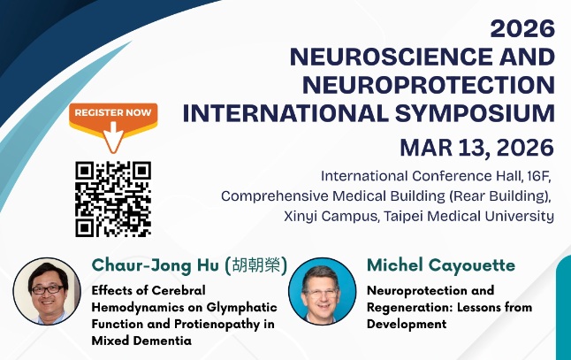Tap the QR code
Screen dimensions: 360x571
point(113,198)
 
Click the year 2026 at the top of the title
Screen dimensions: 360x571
point(523,28)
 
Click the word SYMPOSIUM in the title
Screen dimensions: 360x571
point(481,113)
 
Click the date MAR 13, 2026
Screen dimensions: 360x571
point(476,146)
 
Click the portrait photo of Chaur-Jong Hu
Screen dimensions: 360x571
point(47,292)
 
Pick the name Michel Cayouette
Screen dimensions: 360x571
point(440,265)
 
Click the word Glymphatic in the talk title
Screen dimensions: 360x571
point(240,307)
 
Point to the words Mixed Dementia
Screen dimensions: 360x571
point(141,341)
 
